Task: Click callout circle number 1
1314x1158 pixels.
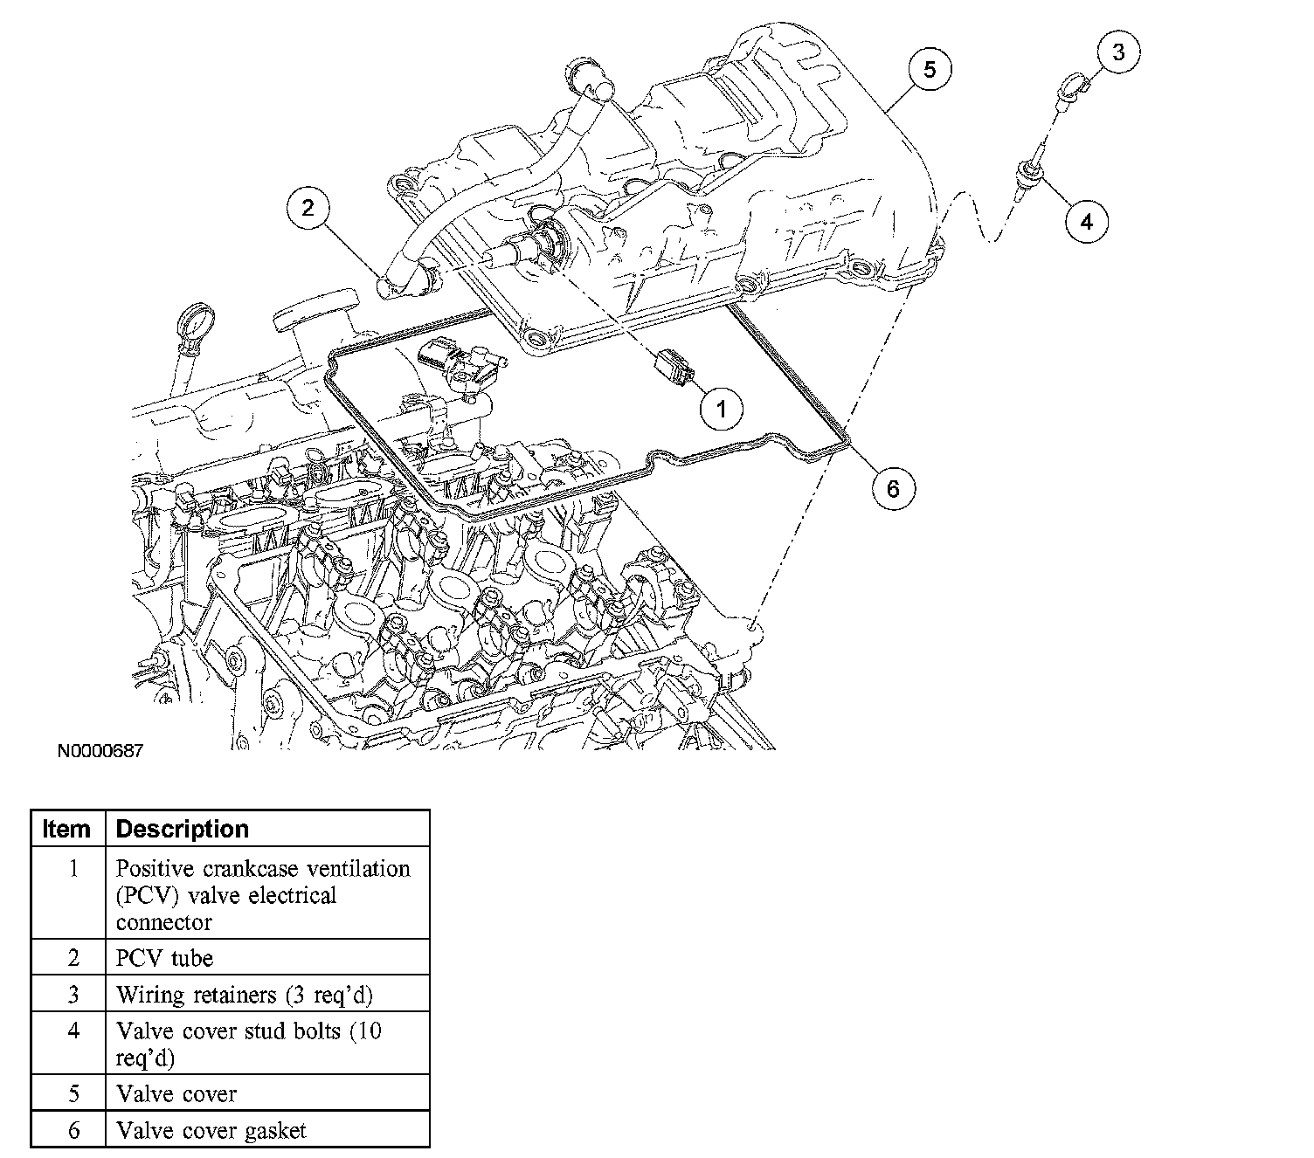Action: coord(722,407)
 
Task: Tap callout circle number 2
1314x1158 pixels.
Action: coord(308,208)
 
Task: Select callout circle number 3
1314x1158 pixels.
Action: coord(1118,52)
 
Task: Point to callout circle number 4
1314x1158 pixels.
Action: coord(1087,221)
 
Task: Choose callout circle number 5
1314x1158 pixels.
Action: coord(930,69)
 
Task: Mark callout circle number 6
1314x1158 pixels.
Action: coord(893,488)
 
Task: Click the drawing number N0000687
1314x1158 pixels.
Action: coord(100,750)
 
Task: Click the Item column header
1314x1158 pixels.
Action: coord(67,829)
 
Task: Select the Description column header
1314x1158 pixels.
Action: coord(183,829)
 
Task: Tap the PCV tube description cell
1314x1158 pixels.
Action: coord(165,958)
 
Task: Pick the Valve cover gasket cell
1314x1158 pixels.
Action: coord(211,1131)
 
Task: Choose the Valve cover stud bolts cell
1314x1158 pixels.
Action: coord(249,1044)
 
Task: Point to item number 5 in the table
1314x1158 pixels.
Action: coord(73,1093)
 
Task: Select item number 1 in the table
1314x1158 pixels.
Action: coord(73,869)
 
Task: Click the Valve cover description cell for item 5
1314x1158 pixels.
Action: coord(176,1093)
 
